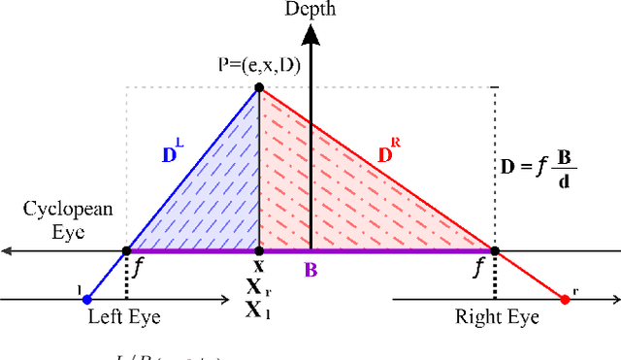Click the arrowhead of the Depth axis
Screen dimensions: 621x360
pos(310,34)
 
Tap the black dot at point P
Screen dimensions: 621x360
pos(259,88)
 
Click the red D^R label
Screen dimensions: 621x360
pos(388,150)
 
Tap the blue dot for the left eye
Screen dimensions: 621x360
pos(86,299)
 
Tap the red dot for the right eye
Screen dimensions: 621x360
pos(566,299)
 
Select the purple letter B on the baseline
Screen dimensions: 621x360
pos(310,269)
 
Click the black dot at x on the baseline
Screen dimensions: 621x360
pos(259,251)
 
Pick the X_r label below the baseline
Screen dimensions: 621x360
pos(259,288)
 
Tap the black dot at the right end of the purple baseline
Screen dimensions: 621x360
pos(495,251)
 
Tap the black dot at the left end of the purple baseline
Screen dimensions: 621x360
pos(127,251)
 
